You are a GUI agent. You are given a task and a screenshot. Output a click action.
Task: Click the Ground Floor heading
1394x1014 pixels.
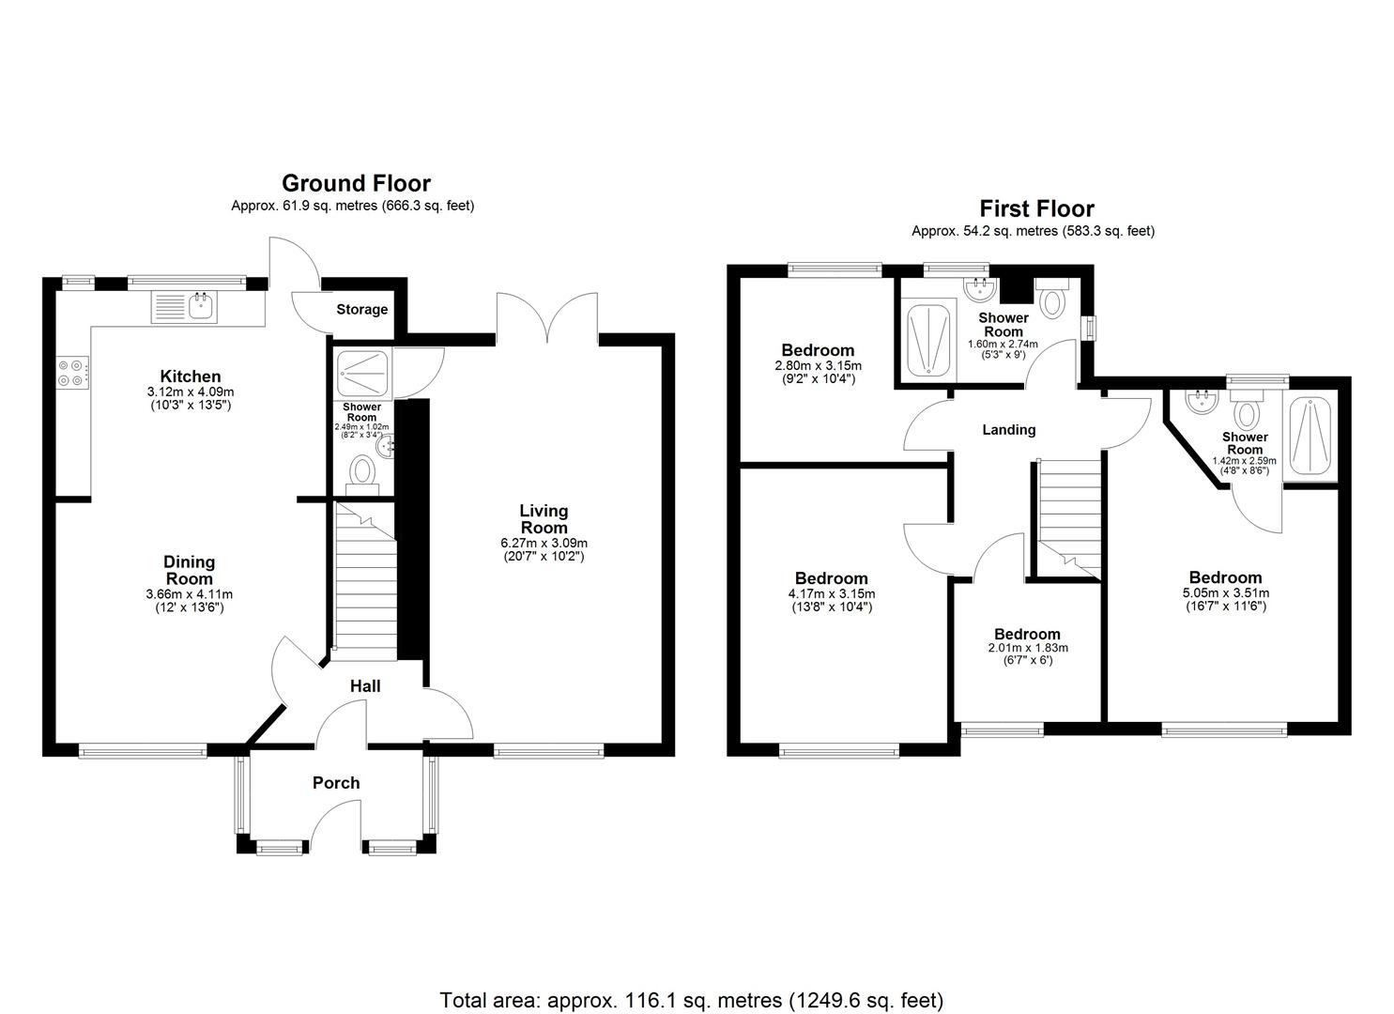(x=356, y=183)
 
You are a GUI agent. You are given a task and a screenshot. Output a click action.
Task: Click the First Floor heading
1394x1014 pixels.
(x=1036, y=208)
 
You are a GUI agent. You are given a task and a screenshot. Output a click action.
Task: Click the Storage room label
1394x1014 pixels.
(x=361, y=310)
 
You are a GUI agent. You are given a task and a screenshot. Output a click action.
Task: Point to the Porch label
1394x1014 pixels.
(x=336, y=783)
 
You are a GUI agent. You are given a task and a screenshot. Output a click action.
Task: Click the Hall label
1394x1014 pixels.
(x=365, y=686)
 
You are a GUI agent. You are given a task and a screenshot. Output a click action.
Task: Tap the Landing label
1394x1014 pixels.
(x=1008, y=430)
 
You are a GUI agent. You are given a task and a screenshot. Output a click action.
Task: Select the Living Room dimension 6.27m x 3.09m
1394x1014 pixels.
(x=544, y=543)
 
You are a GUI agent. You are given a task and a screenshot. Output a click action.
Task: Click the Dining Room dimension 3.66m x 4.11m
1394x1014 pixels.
(x=190, y=594)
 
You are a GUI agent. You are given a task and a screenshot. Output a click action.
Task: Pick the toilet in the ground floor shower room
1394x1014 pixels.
(x=362, y=471)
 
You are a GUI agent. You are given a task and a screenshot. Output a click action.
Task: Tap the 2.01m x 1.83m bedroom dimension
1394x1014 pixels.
(x=1028, y=648)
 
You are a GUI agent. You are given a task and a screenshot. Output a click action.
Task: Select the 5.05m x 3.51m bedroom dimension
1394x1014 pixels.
(x=1225, y=593)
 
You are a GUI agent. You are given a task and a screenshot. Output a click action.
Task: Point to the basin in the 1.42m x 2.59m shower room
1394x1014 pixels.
(x=1199, y=405)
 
